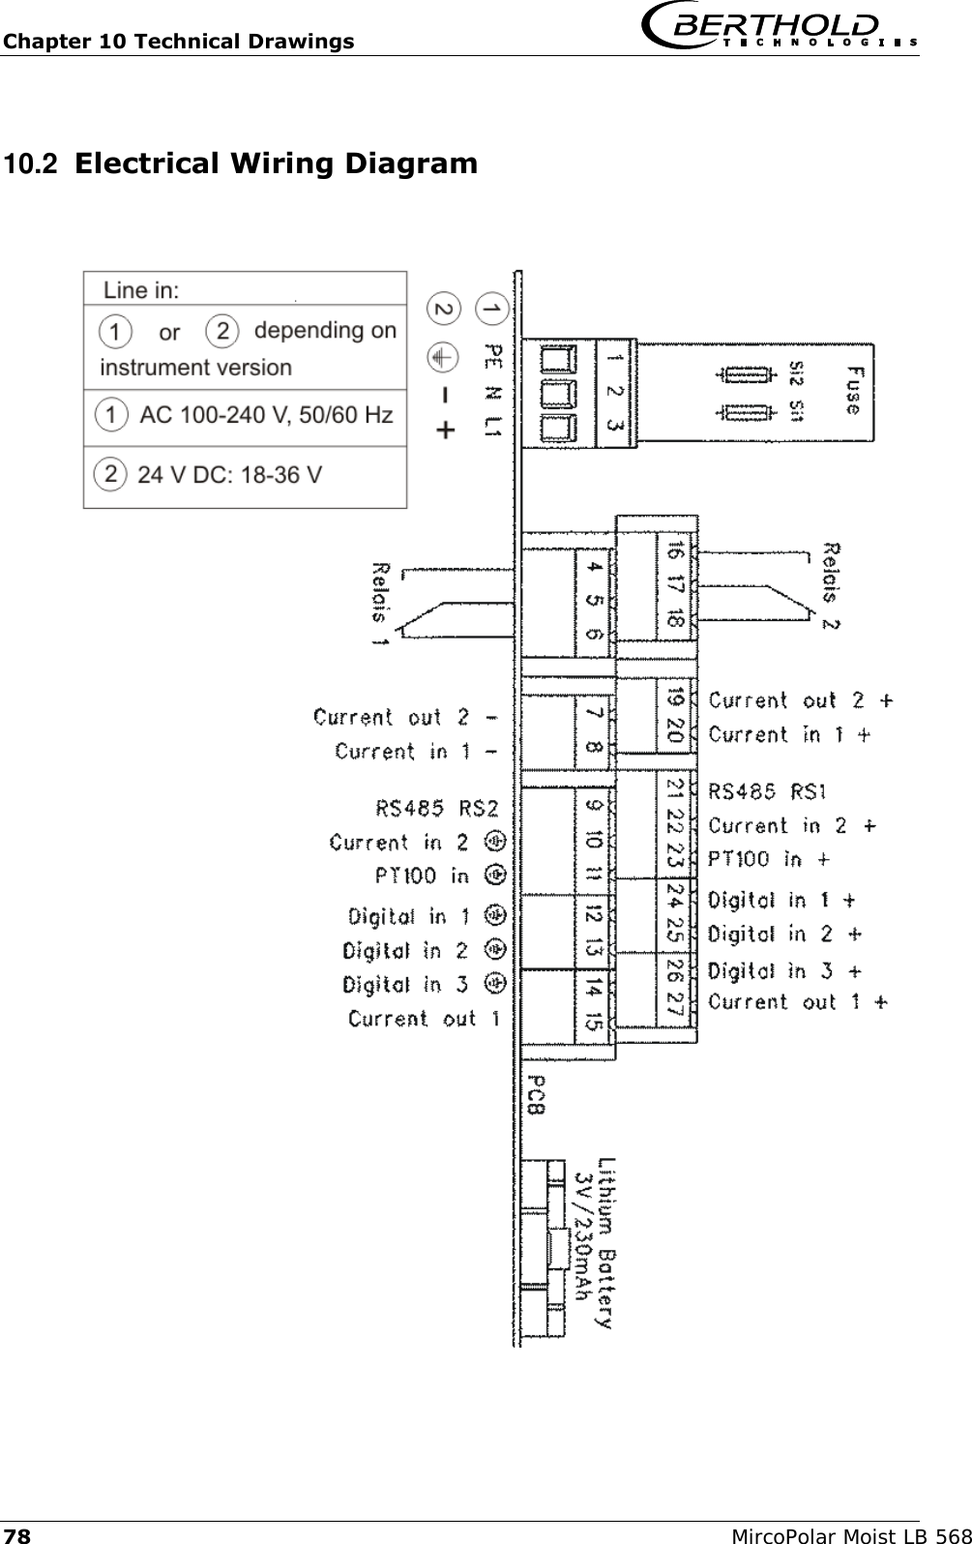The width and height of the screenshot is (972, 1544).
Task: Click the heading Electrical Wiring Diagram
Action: coord(276,163)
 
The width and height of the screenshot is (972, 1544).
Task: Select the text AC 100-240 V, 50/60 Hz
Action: coord(266,416)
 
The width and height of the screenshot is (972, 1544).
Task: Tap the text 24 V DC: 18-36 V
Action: coord(229,475)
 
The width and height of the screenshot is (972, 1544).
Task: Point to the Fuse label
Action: coord(853,389)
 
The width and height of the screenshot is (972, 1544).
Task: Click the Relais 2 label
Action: coord(830,585)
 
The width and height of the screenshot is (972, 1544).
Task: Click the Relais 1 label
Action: coord(380,604)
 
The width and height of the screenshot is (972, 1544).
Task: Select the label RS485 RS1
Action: coord(767,792)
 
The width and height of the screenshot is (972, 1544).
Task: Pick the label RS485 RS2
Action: coord(436,808)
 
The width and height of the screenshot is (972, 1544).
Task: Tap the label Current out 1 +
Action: coord(798,1002)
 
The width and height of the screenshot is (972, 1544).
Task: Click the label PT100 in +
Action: coord(769,859)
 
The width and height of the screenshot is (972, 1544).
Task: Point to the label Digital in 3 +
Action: coord(784,970)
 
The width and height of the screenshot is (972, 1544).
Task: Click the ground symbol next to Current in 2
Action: coord(495,842)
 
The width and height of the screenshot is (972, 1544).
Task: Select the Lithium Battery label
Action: coord(605,1243)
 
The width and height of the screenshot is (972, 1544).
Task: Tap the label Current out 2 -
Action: coord(406,718)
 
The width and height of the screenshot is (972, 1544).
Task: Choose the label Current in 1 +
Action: coord(789,735)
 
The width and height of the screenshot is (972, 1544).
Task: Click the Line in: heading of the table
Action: coord(141,289)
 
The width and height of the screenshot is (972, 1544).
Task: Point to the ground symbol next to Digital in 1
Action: coord(495,915)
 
